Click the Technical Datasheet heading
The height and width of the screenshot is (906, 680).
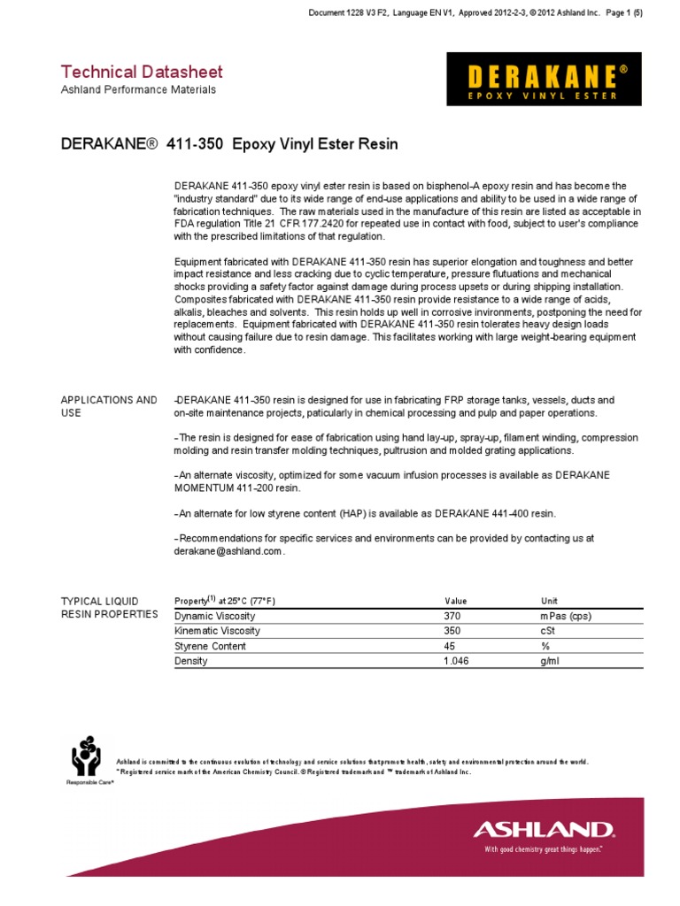coord(141,72)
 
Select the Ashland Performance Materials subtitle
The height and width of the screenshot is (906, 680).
coord(137,89)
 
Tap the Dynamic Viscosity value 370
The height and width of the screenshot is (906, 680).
coord(452,616)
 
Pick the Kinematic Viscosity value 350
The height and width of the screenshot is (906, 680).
coord(452,631)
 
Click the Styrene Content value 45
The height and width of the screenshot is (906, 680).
coord(449,646)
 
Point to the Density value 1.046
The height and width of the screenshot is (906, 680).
coord(455,661)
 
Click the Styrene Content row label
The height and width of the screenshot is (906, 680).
coord(210,646)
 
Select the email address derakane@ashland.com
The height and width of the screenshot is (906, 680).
coord(229,551)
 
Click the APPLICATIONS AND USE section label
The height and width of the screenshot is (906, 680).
coord(108,407)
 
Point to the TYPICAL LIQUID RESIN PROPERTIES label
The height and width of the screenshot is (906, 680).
coord(108,607)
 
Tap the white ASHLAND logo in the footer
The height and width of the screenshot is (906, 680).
coord(543,829)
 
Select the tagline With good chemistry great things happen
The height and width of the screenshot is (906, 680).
coord(543,849)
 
